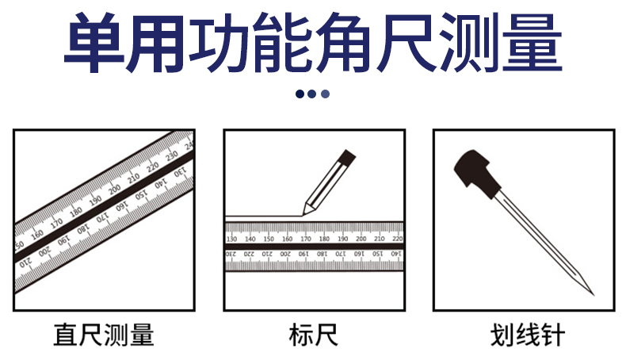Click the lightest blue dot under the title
click(x=325, y=94)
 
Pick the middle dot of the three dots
click(x=312, y=94)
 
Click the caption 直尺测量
click(x=104, y=335)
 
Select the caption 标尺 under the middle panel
click(x=313, y=335)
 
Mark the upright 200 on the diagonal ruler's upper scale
click(x=114, y=190)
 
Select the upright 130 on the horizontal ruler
click(x=232, y=238)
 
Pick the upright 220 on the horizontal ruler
click(x=397, y=238)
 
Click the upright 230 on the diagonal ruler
click(x=170, y=156)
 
